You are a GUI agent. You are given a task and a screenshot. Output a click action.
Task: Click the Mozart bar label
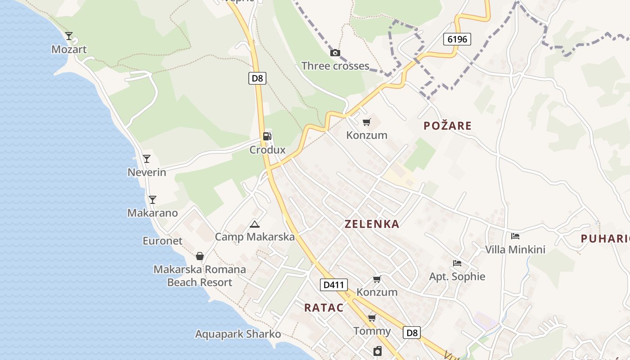pyautogui.click(x=69, y=49)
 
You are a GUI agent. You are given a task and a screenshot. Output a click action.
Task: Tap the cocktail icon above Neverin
pyautogui.click(x=147, y=158)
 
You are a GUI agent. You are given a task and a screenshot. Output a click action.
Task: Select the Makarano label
pyautogui.click(x=153, y=213)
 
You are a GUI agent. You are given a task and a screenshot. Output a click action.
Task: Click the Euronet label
pyautogui.click(x=162, y=241)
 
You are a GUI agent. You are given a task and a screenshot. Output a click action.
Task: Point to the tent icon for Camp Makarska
pyautogui.click(x=255, y=224)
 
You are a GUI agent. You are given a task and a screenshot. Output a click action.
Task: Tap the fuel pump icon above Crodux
pyautogui.click(x=267, y=136)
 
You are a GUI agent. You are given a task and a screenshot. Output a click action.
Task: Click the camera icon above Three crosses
pyautogui.click(x=335, y=53)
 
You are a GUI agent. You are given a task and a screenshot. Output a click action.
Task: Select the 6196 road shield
pyautogui.click(x=457, y=39)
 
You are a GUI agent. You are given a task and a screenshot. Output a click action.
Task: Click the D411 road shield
pyautogui.click(x=334, y=285)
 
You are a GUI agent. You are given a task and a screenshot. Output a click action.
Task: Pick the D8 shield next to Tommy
pyautogui.click(x=411, y=333)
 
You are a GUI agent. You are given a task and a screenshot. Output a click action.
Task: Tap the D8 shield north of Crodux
pyautogui.click(x=257, y=78)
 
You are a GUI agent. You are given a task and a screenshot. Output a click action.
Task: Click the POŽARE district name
pyautogui.click(x=447, y=126)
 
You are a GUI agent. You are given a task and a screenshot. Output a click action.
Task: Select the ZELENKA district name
pyautogui.click(x=372, y=224)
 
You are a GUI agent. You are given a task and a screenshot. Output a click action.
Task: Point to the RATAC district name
pyautogui.click(x=324, y=308)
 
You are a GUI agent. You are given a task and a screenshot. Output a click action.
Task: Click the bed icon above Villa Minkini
pyautogui.click(x=515, y=236)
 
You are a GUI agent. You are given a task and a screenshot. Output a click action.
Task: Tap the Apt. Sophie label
pyautogui.click(x=457, y=276)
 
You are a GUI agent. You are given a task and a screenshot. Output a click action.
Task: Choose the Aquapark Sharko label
pyautogui.click(x=238, y=334)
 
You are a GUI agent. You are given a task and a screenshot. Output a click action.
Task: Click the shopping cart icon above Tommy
pyautogui.click(x=372, y=318)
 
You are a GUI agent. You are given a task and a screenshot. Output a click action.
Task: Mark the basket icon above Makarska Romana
pyautogui.click(x=200, y=256)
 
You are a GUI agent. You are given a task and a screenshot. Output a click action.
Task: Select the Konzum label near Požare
pyautogui.click(x=367, y=135)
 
